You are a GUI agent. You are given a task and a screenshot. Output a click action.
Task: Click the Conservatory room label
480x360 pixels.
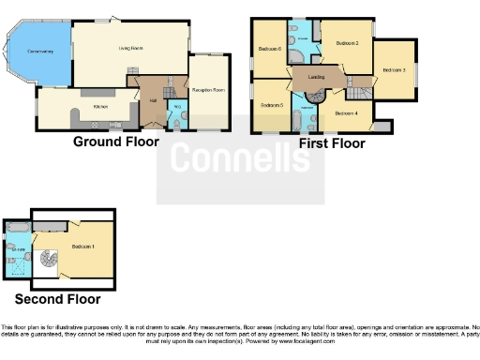pyautogui.click(x=40, y=51)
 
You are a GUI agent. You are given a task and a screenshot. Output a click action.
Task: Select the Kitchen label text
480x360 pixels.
pyautogui.click(x=101, y=108)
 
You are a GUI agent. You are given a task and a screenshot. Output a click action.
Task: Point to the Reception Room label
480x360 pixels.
pyautogui.click(x=209, y=90)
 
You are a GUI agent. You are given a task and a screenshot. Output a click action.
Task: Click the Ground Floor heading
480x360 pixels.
pyautogui.click(x=116, y=142)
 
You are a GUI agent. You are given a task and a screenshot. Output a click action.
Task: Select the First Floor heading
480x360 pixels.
pyautogui.click(x=332, y=143)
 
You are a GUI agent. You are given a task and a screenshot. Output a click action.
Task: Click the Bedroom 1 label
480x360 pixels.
pyautogui.click(x=89, y=247)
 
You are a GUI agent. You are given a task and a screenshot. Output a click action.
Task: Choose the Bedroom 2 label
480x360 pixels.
pyautogui.click(x=348, y=43)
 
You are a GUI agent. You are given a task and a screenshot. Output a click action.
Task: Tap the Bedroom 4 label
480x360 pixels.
pyautogui.click(x=346, y=113)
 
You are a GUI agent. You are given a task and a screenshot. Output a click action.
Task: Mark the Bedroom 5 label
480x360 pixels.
pyautogui.click(x=272, y=105)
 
